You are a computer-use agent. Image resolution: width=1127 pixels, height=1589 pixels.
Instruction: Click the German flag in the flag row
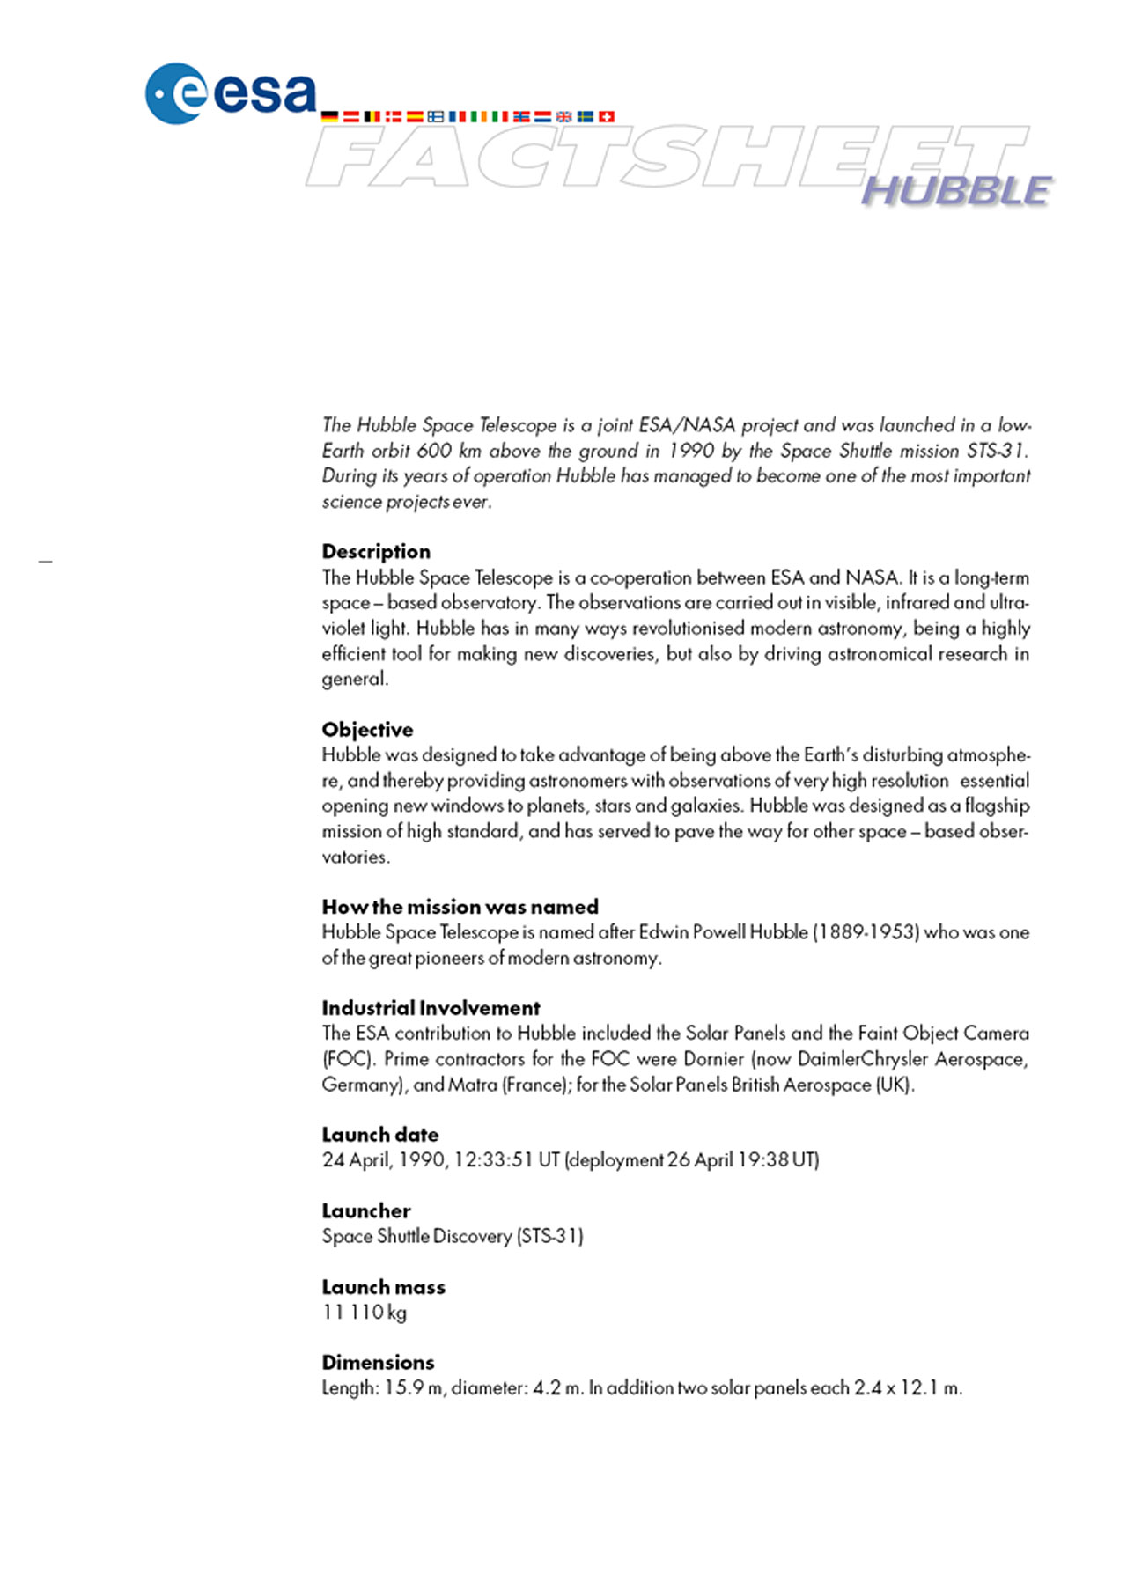[x=329, y=116]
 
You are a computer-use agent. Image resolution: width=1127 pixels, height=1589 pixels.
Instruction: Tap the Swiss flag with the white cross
[x=607, y=116]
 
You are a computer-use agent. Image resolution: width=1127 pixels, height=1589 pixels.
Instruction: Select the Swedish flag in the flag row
[x=586, y=116]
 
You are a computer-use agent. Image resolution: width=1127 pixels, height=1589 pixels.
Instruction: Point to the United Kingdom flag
[x=563, y=116]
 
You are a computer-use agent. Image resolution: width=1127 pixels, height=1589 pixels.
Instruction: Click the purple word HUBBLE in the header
[x=956, y=191]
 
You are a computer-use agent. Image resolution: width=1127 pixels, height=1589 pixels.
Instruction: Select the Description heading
[x=376, y=552]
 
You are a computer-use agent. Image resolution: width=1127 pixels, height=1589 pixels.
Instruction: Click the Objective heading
[x=367, y=730]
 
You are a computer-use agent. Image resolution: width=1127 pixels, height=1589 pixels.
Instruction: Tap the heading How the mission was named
[x=460, y=907]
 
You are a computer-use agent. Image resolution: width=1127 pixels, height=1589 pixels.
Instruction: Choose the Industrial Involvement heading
[x=431, y=1008]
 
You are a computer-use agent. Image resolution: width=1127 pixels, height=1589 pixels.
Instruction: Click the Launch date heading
[x=379, y=1135]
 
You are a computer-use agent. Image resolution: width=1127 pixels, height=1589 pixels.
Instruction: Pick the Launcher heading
[x=365, y=1211]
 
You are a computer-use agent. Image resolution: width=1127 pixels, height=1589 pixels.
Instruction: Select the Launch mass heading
[x=383, y=1287]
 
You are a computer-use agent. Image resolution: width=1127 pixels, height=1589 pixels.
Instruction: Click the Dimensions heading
[x=378, y=1363]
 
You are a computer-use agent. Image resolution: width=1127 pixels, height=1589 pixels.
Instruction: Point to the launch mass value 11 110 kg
[x=364, y=1313]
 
